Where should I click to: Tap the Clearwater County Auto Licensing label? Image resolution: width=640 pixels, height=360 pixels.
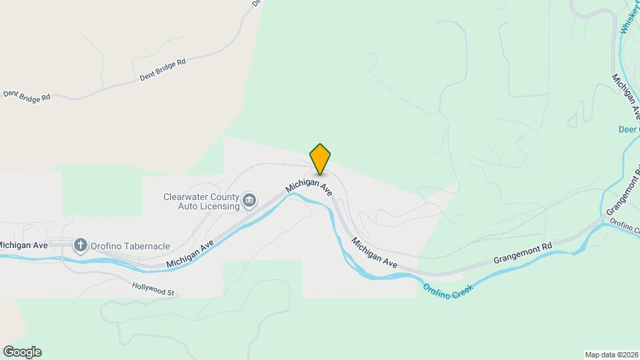click(x=201, y=201)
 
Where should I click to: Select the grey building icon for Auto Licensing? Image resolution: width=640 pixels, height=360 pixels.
click(x=249, y=200)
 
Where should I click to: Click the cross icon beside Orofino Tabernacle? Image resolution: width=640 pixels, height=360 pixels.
click(x=81, y=245)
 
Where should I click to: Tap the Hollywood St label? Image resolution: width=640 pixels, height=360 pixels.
click(x=153, y=292)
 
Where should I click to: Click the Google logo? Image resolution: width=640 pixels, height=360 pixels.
click(x=22, y=352)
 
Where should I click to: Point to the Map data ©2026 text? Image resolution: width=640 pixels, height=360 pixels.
click(x=611, y=354)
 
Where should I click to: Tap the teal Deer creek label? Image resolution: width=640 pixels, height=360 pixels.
click(x=629, y=131)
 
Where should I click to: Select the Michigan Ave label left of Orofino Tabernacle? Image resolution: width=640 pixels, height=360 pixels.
click(x=24, y=245)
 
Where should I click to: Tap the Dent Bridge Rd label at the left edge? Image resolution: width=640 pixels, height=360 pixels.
click(x=27, y=96)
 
